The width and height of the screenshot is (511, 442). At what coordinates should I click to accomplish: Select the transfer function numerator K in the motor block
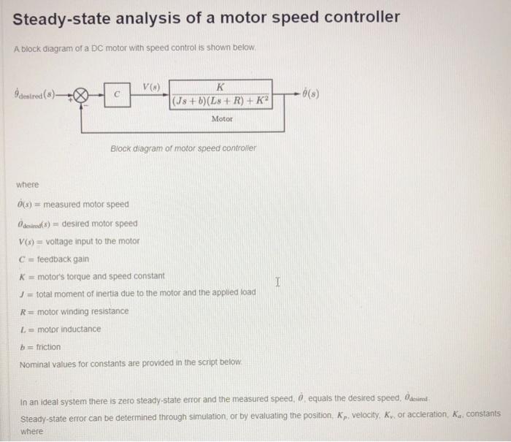tap(222, 86)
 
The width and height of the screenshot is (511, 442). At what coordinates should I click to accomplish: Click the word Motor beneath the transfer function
tap(222, 118)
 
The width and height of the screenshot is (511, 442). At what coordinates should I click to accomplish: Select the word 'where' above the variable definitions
tap(28, 185)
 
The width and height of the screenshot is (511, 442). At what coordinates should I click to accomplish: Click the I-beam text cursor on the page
tap(278, 280)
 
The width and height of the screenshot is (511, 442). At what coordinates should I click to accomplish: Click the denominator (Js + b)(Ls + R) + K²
tap(222, 103)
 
